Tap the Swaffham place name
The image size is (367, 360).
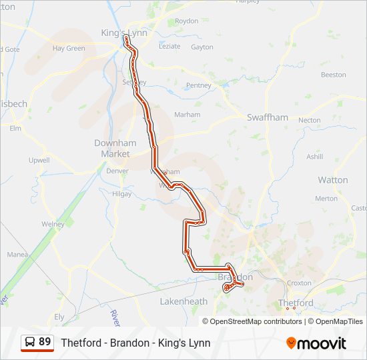[268, 117]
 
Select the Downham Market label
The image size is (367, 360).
[115, 148]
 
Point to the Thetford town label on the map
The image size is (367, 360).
[296, 303]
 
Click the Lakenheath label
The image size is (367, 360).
[183, 301]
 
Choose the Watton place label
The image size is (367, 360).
[332, 180]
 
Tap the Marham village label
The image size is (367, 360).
[187, 115]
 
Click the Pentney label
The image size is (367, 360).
[199, 85]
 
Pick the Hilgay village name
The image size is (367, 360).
[121, 193]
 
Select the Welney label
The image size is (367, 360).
[53, 224]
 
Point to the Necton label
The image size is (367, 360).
[310, 120]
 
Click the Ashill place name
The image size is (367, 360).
[314, 157]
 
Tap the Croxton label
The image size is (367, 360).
[299, 283]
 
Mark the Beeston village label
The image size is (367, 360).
[334, 75]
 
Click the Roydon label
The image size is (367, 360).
[186, 21]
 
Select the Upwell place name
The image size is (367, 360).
[39, 160]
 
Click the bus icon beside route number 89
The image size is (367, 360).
[30, 343]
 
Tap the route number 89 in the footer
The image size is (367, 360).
[45, 342]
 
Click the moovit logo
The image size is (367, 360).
[316, 343]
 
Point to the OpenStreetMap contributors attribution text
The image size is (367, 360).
[256, 321]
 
